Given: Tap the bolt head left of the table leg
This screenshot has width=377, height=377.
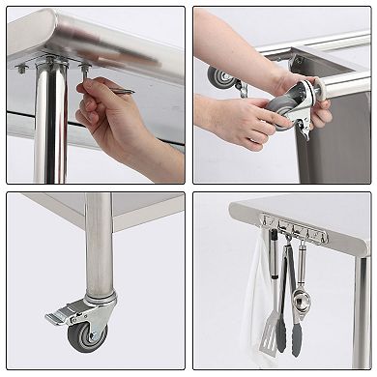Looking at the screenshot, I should coord(21,69).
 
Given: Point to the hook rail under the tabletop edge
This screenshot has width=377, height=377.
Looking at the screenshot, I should coord(294,233).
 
